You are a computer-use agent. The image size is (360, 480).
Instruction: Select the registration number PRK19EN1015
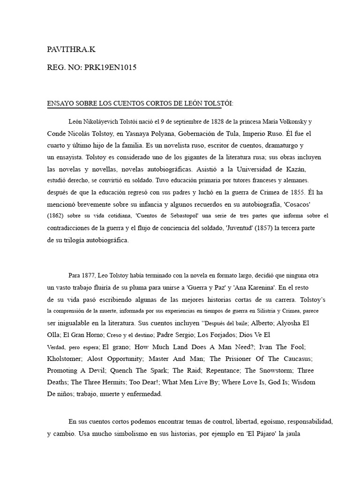coord(110,67)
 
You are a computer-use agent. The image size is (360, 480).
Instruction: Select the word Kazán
coord(296,169)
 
